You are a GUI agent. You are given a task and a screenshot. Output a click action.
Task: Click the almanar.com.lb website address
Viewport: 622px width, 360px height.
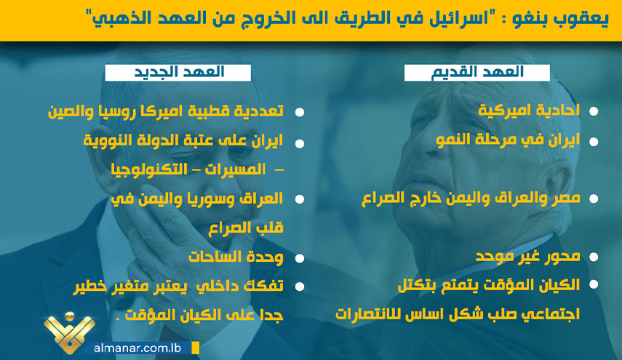click(x=137, y=348)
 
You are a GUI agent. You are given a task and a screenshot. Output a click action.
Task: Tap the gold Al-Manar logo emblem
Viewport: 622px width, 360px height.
click(x=69, y=332)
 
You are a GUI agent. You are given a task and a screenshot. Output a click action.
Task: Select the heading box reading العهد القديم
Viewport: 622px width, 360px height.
click(x=477, y=73)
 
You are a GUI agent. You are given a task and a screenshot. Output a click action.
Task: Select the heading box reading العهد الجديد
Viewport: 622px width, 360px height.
click(x=178, y=73)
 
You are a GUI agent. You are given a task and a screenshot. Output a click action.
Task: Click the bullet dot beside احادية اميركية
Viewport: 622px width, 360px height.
click(x=594, y=111)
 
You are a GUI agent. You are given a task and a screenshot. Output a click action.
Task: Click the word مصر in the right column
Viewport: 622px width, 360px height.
click(x=565, y=198)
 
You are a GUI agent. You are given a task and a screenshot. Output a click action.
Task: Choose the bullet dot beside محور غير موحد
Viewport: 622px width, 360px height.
click(x=594, y=257)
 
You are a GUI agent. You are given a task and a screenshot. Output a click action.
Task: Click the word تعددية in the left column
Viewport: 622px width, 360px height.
click(x=260, y=111)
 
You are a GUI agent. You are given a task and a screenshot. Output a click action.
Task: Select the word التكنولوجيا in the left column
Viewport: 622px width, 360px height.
click(x=148, y=169)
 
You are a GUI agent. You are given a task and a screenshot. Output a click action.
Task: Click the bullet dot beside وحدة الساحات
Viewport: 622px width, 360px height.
click(x=300, y=258)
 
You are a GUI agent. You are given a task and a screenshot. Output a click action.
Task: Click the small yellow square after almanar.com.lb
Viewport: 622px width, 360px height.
click(x=195, y=348)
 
